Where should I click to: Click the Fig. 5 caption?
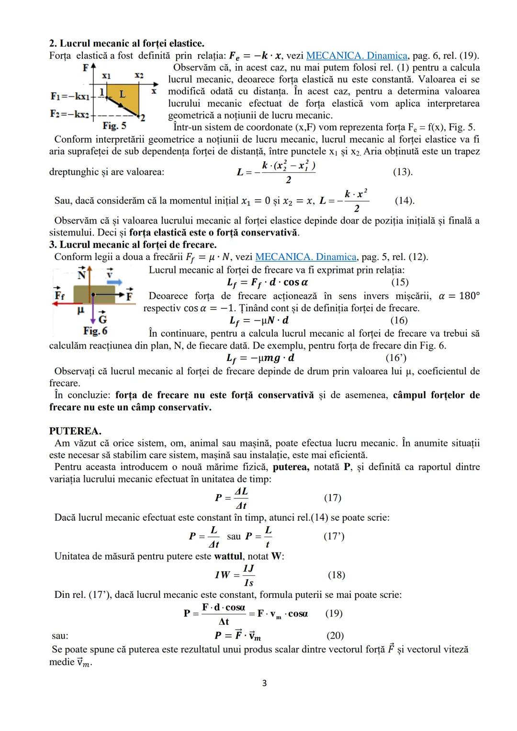pos(114,126)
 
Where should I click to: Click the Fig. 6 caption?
pos(95,331)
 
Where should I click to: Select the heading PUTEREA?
pos(75,431)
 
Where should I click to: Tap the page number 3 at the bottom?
pos(264,683)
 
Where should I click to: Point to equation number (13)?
pos(403,172)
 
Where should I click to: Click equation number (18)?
pos(336,575)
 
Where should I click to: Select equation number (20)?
pos(335,635)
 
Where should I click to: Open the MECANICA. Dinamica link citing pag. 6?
pos(357,56)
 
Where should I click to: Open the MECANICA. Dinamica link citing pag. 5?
pos(306,257)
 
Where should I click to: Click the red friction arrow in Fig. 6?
pos(69,304)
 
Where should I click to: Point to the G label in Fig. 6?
pos(102,319)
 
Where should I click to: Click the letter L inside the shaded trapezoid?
pos(122,94)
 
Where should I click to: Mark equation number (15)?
pos(400,282)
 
